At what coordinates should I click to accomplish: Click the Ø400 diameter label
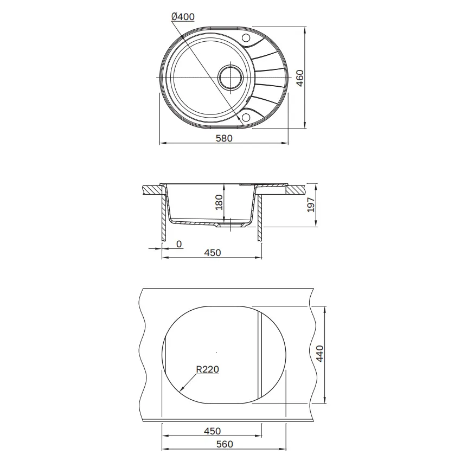click(x=183, y=17)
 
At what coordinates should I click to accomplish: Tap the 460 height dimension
click(x=299, y=78)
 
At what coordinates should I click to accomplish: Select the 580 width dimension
click(x=224, y=138)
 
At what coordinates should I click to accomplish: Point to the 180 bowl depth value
click(x=219, y=202)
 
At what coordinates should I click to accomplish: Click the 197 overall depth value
click(x=310, y=205)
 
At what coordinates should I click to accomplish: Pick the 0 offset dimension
click(x=179, y=244)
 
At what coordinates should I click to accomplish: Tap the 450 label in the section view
click(x=212, y=253)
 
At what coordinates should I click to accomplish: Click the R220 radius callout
click(x=208, y=369)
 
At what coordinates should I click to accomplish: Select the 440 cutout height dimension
click(x=319, y=354)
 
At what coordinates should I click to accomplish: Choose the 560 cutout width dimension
click(x=225, y=444)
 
